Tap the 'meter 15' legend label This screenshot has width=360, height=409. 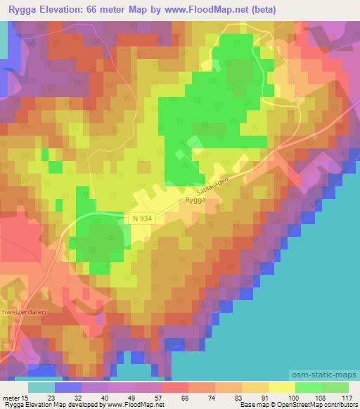click(15, 397)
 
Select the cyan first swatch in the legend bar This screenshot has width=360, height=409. click(41, 387)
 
